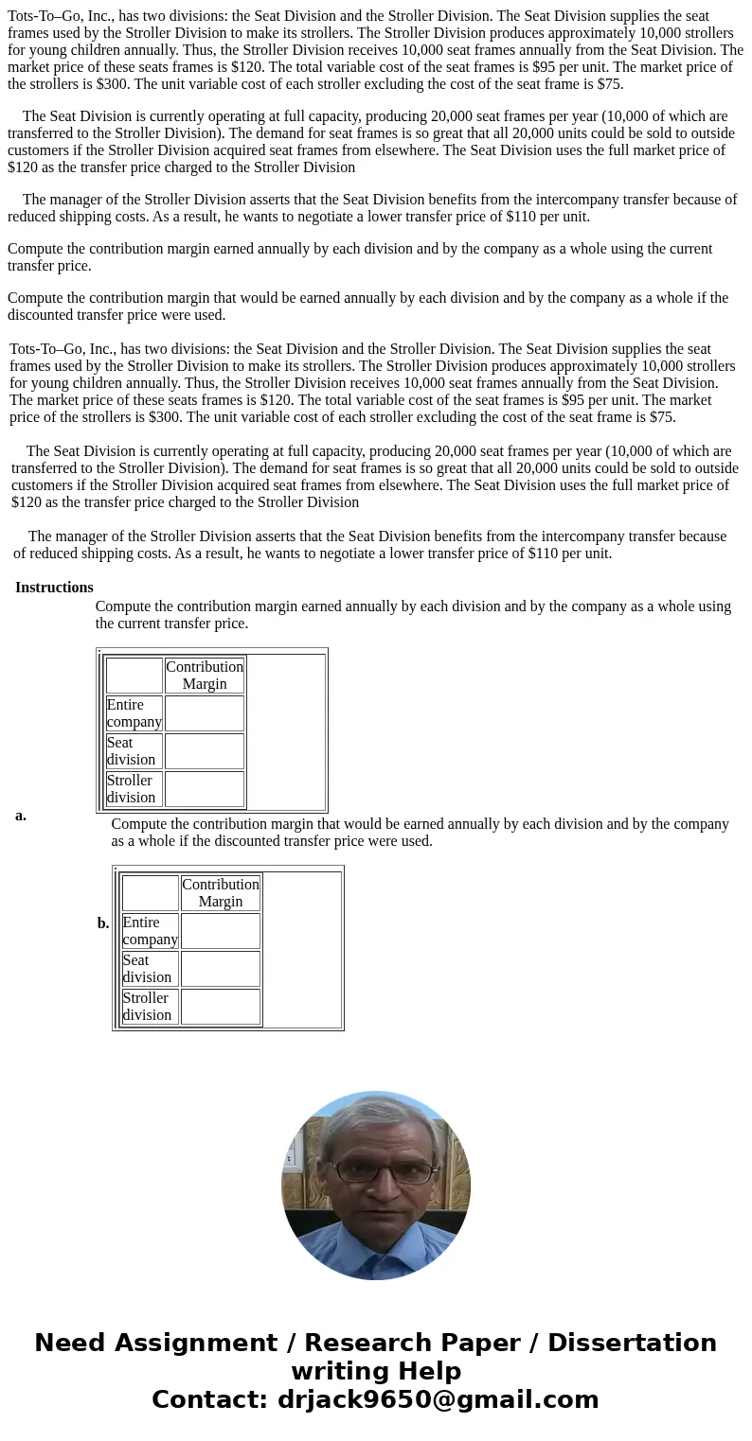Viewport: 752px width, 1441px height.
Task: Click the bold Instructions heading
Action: (54, 588)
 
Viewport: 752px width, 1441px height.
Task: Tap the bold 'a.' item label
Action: (21, 816)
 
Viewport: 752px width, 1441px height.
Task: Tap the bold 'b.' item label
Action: (103, 923)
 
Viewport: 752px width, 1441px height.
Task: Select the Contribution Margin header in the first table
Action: (205, 676)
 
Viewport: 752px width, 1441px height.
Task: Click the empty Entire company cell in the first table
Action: (205, 713)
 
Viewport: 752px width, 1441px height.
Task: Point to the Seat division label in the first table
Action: (132, 751)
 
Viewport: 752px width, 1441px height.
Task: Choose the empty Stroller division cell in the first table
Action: (205, 789)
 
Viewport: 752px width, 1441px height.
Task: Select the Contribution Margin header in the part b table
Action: (221, 893)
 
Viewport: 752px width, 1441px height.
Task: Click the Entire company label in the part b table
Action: (150, 931)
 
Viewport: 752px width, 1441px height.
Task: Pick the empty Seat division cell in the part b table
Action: (221, 969)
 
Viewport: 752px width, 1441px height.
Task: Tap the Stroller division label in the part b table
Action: (148, 1007)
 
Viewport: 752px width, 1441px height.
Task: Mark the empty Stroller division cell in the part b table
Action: (221, 1007)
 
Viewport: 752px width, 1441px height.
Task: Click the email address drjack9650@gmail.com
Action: (438, 1400)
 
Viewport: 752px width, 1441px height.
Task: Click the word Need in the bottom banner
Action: (74, 1344)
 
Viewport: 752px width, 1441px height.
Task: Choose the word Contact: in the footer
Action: (210, 1400)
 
